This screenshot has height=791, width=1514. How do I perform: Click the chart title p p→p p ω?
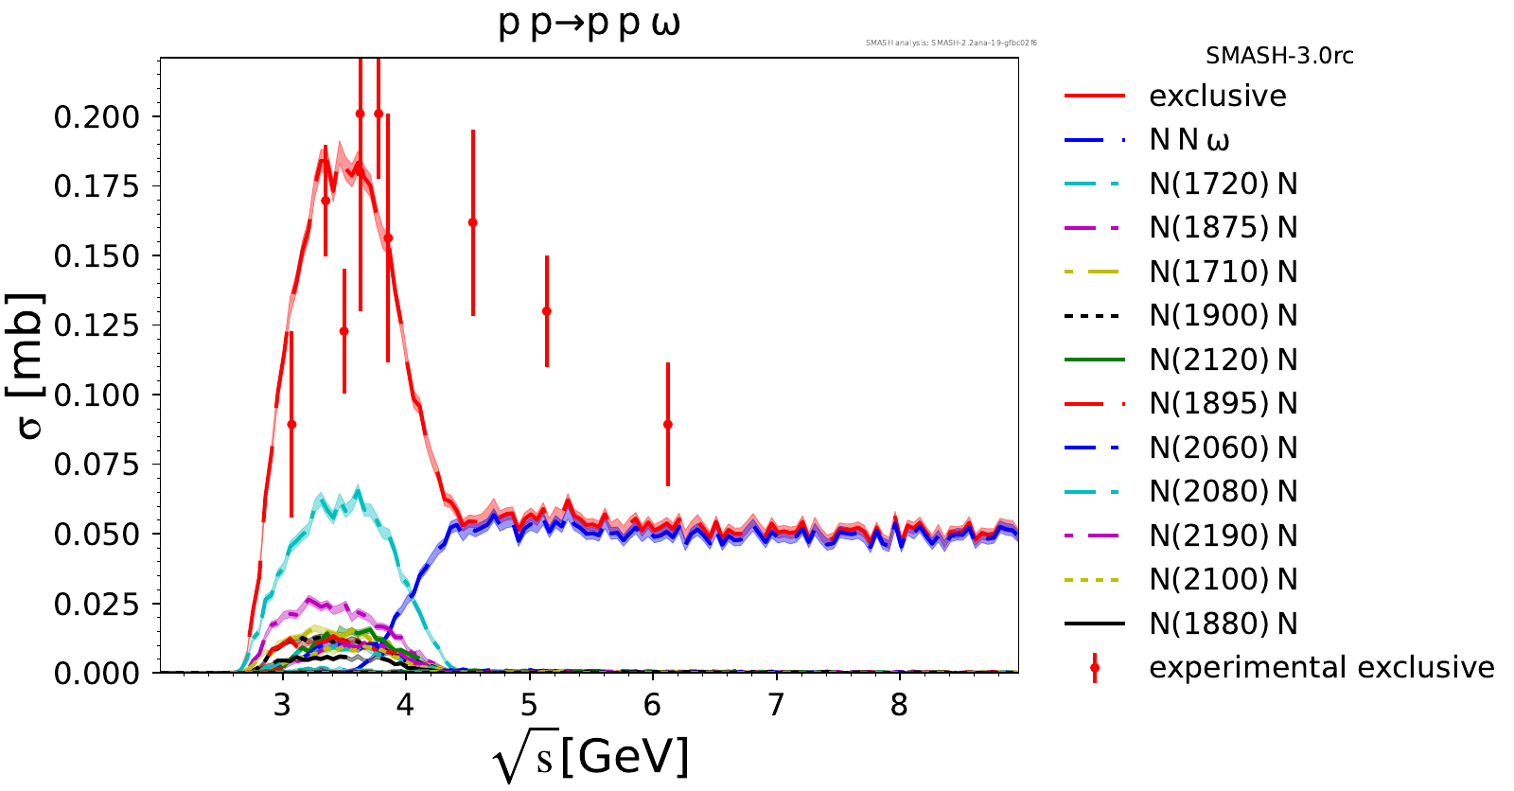(x=589, y=23)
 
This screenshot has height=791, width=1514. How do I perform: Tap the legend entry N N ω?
(x=1189, y=140)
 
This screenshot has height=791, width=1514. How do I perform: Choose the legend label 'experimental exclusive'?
(x=1321, y=667)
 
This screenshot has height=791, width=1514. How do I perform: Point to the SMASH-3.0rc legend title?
(x=1279, y=56)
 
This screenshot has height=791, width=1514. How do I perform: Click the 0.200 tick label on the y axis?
(x=97, y=117)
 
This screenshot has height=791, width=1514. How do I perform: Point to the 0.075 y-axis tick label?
(x=97, y=465)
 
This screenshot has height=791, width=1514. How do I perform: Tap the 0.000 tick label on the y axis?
(x=97, y=674)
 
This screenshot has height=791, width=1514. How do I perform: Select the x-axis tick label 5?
(x=529, y=705)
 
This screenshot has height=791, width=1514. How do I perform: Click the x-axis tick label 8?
(x=899, y=705)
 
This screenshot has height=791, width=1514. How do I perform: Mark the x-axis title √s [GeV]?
(x=591, y=757)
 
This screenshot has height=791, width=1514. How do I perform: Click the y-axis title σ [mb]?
(x=29, y=366)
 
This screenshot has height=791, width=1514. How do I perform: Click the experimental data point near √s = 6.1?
(x=668, y=425)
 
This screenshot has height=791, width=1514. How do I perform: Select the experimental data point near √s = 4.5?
(x=473, y=223)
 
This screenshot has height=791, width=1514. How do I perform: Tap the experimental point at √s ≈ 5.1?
(x=547, y=311)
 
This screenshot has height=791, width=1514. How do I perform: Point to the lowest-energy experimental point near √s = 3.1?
(x=291, y=425)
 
